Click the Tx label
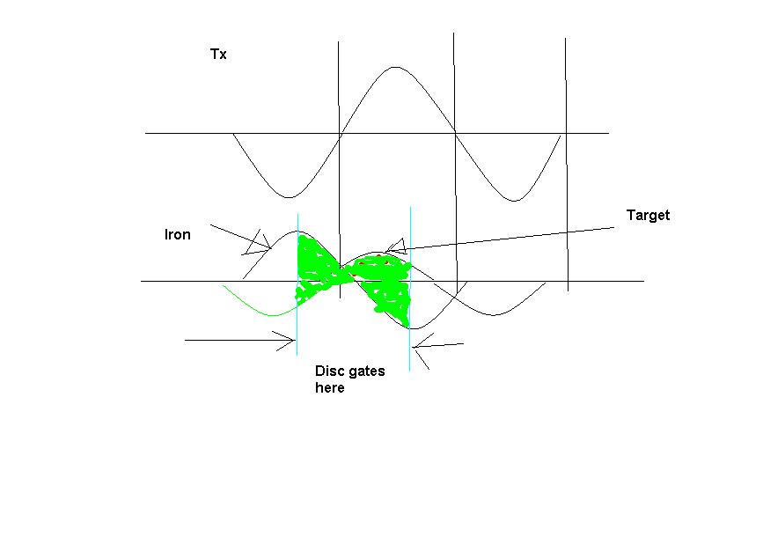click(x=218, y=54)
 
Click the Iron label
click(x=178, y=235)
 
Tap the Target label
click(x=648, y=215)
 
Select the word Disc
click(x=328, y=371)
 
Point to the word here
click(x=330, y=388)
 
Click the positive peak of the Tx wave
click(x=395, y=67)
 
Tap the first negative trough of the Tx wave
click(x=290, y=197)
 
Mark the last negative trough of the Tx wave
click(x=515, y=200)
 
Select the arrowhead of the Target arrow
click(x=395, y=246)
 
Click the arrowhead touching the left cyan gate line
click(x=287, y=341)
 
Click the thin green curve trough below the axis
click(x=273, y=315)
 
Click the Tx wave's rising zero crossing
click(x=341, y=133)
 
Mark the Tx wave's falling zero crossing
click(x=455, y=132)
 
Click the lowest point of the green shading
click(x=407, y=326)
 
